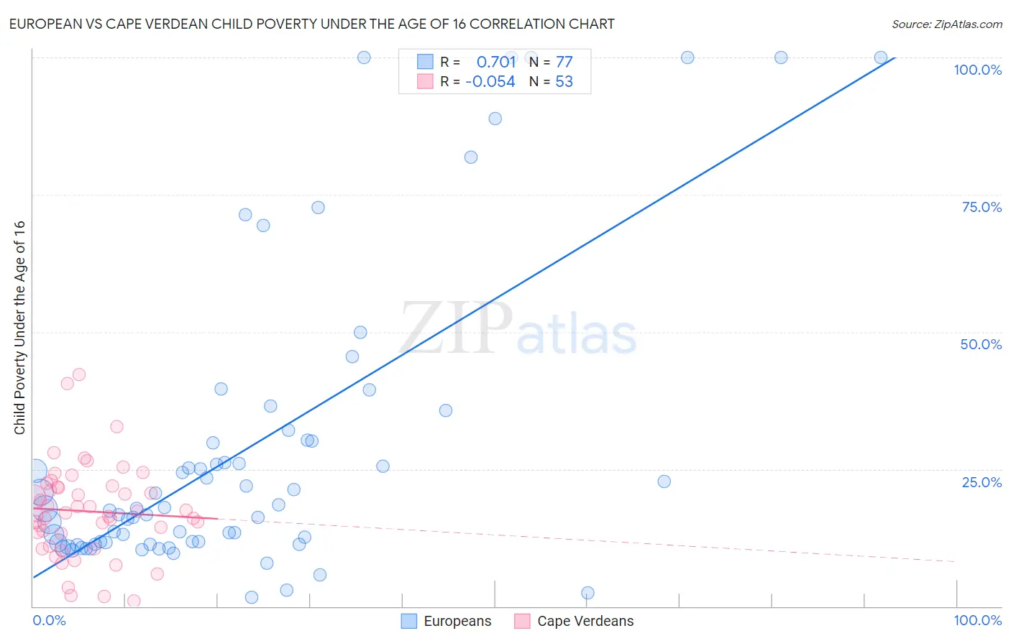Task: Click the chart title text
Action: point(311,24)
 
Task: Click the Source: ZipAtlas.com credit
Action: point(946,24)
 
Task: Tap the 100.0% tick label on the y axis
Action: point(977,70)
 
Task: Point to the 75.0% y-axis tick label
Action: point(982,207)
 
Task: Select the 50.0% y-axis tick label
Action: point(981,344)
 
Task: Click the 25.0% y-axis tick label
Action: point(982,482)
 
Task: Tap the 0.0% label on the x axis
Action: point(49,620)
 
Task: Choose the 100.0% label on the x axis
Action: point(977,620)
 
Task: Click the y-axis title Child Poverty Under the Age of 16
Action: point(19,327)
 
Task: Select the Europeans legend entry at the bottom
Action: point(447,621)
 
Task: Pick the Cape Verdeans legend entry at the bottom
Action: point(575,621)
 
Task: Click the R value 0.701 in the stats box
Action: point(496,62)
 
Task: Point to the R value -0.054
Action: point(490,82)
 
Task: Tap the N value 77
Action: point(564,62)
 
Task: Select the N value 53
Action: point(564,82)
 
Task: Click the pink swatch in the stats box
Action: point(426,81)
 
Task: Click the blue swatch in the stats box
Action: point(426,62)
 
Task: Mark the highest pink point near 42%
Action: point(79,374)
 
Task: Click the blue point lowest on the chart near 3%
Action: point(587,593)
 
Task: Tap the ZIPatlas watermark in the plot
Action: point(518,329)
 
